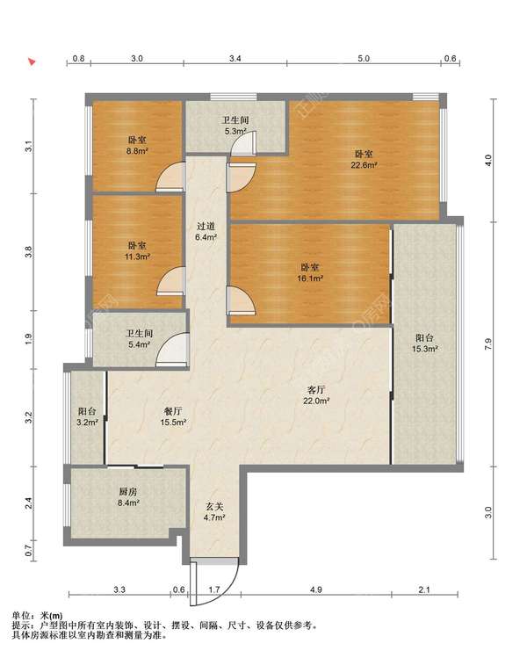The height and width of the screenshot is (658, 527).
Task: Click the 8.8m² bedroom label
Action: (137, 145)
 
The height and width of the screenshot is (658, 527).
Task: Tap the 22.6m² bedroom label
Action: (364, 160)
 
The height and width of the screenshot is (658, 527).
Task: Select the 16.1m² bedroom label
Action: (310, 272)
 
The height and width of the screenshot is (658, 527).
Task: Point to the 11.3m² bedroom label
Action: (137, 250)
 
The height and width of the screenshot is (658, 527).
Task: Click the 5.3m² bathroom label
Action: (235, 126)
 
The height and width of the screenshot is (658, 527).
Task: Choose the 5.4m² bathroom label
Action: (140, 339)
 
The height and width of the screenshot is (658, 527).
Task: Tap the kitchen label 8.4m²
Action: (127, 497)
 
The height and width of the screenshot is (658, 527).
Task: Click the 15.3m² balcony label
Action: (425, 343)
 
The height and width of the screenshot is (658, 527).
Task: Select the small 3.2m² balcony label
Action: (87, 416)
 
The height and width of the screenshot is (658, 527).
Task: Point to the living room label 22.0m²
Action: (316, 394)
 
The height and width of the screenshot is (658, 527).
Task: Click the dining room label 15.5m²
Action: (173, 416)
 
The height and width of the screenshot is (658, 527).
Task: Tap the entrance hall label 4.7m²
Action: (214, 512)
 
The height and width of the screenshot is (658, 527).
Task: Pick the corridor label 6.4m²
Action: (206, 231)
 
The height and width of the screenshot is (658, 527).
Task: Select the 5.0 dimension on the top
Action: (364, 58)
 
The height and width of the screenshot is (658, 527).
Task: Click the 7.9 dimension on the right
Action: (487, 344)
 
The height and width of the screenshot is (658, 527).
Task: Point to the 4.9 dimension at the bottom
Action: (316, 589)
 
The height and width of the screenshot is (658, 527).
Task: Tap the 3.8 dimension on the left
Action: (28, 252)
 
